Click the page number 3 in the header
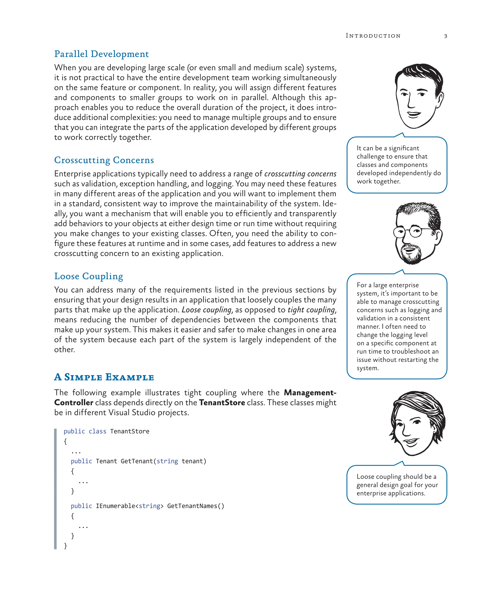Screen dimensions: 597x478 (x=446, y=36)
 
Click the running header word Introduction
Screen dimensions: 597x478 (x=373, y=36)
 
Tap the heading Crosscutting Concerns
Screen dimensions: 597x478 (x=104, y=160)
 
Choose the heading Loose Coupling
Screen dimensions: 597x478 (x=89, y=276)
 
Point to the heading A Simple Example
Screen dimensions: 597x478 (x=104, y=377)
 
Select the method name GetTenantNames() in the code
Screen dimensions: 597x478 (x=195, y=506)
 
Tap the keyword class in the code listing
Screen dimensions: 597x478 (x=98, y=431)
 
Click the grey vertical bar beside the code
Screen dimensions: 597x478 (x=55, y=489)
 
